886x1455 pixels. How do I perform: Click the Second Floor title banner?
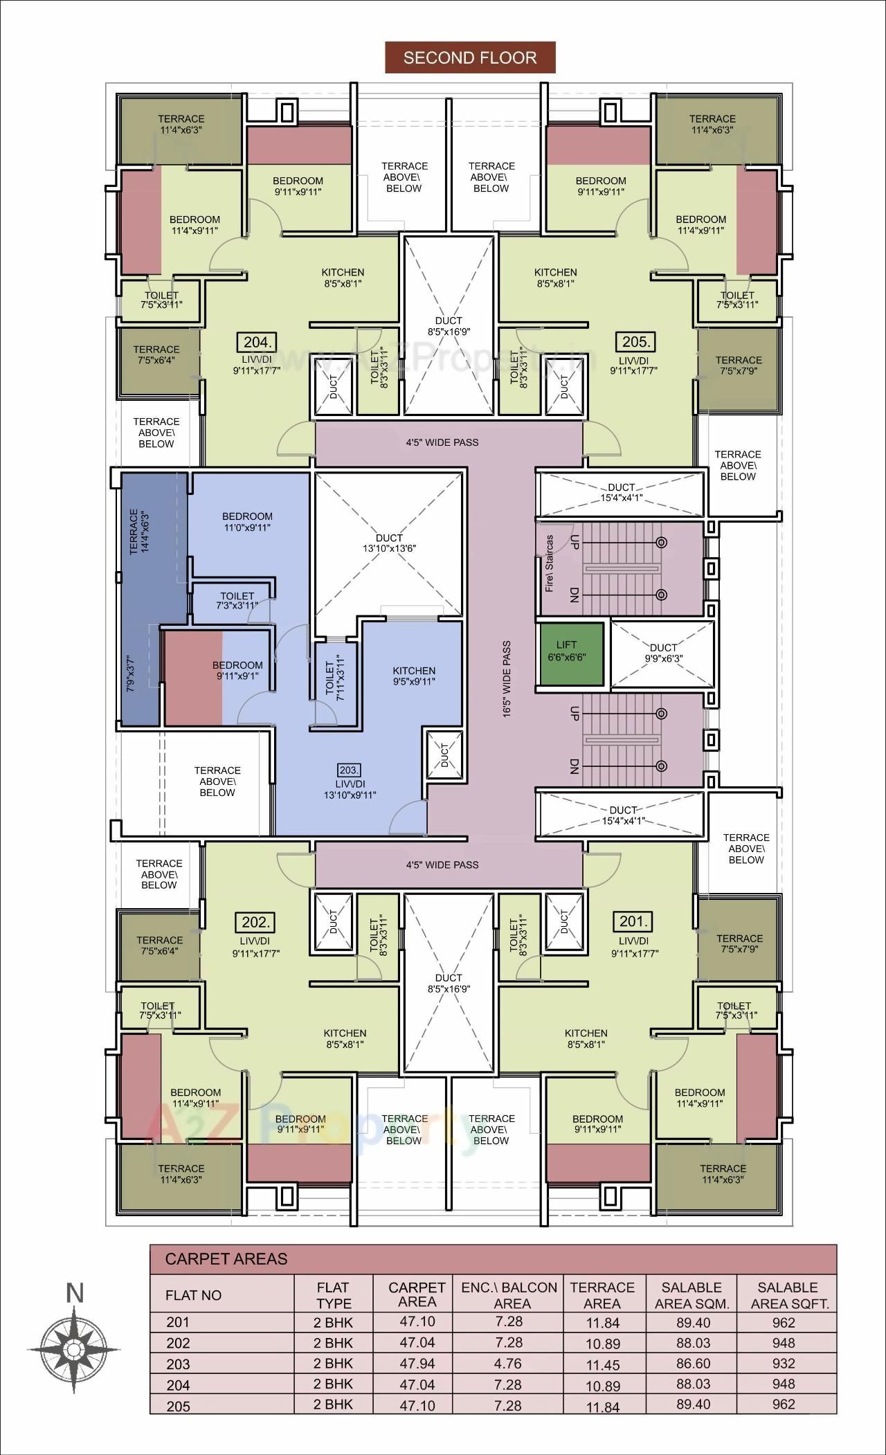(x=470, y=57)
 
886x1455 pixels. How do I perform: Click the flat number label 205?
(x=635, y=342)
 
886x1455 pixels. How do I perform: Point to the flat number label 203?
(x=349, y=770)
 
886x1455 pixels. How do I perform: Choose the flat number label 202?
(x=256, y=922)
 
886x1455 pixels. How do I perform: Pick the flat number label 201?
(x=633, y=921)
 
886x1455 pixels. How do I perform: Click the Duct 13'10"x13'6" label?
(x=389, y=543)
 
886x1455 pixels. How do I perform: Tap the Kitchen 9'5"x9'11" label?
(x=414, y=676)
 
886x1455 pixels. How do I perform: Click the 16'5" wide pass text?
(x=507, y=679)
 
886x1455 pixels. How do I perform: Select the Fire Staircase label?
(x=550, y=563)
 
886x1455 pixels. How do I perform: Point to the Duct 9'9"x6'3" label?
(x=663, y=653)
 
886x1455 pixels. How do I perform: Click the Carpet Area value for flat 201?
(x=417, y=1321)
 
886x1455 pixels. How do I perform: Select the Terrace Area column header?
(x=602, y=1294)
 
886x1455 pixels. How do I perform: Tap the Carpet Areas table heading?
(x=226, y=1258)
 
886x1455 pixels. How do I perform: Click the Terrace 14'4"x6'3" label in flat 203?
(x=139, y=532)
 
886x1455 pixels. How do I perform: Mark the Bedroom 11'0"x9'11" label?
(x=247, y=522)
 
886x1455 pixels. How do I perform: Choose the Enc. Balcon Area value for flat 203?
(x=512, y=1363)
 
